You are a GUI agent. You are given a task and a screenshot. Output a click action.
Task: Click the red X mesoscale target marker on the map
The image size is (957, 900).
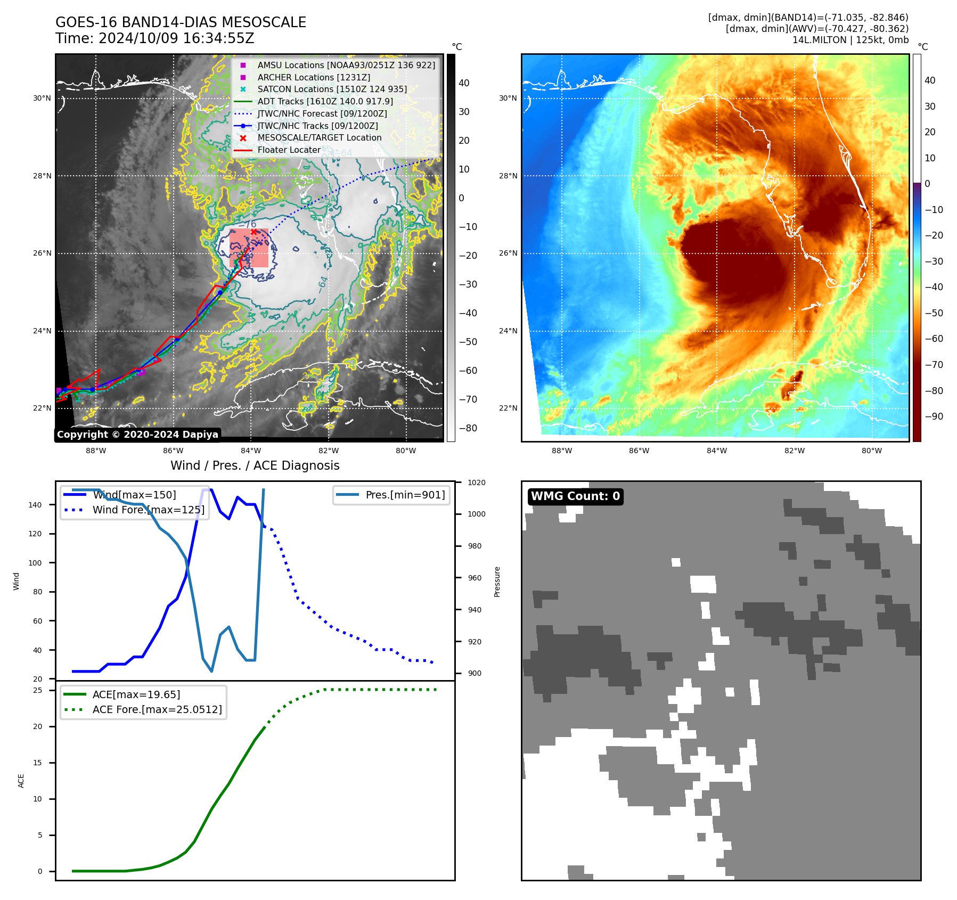point(253,231)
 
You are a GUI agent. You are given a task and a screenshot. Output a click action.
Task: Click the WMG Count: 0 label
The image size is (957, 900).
point(575,496)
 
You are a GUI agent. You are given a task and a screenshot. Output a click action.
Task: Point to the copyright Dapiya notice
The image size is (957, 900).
point(137,435)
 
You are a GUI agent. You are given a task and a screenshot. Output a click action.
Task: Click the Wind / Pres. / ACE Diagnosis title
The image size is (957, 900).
point(255,465)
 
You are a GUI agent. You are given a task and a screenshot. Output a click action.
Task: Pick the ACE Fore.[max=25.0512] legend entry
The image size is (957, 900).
point(157,709)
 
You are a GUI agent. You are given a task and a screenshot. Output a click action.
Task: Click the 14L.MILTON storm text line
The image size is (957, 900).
point(850,40)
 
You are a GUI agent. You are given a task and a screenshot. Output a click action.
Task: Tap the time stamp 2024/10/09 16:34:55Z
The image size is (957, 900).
point(176,38)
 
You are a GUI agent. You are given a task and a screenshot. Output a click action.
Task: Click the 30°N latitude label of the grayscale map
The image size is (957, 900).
point(42,98)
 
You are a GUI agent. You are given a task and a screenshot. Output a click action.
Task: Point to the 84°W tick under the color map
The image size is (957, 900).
point(716,451)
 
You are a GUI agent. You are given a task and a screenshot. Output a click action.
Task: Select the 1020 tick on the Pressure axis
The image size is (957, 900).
point(476,482)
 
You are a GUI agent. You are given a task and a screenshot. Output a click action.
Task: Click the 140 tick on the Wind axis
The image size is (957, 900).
point(35,505)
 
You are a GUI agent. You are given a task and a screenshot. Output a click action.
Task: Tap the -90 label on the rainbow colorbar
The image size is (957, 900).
point(934,416)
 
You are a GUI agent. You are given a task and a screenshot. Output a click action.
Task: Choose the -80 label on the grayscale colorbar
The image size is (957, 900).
point(468,428)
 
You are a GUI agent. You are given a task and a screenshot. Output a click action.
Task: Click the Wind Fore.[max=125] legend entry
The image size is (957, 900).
point(148,510)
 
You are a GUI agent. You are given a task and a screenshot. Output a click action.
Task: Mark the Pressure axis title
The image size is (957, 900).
point(497,582)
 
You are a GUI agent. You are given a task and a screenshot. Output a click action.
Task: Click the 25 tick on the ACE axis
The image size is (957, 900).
point(38,690)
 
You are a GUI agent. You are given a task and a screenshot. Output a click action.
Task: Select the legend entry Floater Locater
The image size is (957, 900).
point(289,150)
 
